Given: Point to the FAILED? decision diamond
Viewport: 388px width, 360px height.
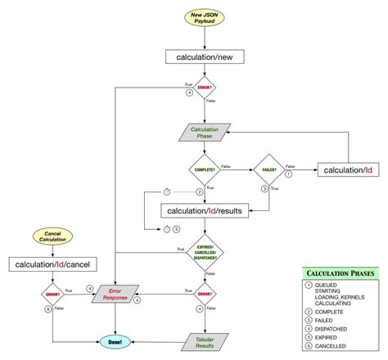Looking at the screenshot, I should (x=268, y=170).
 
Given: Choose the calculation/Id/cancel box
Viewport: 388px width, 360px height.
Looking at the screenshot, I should (x=53, y=263).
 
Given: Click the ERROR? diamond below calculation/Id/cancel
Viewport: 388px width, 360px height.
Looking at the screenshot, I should (x=53, y=292).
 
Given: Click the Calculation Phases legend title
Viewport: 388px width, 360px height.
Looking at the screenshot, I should (x=340, y=272).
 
